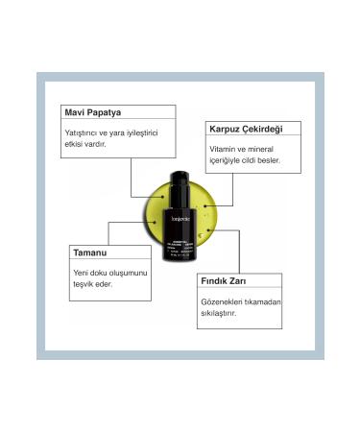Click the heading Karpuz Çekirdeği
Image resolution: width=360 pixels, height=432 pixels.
click(x=246, y=128)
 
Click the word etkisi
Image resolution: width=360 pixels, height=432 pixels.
click(x=78, y=144)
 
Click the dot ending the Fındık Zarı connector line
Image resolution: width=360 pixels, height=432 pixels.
click(x=208, y=229)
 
